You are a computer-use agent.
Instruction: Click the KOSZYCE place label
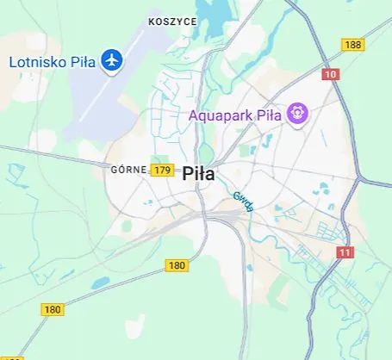click(x=172, y=21)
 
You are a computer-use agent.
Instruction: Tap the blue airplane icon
click(x=111, y=61)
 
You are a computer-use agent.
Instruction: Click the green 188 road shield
click(x=352, y=44)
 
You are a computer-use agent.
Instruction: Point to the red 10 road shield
click(x=332, y=74)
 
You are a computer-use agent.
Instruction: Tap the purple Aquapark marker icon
click(x=298, y=113)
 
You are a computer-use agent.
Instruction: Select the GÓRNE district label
click(x=128, y=170)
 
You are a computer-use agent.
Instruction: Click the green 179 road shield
click(x=161, y=170)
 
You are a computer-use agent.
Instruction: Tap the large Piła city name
click(x=199, y=173)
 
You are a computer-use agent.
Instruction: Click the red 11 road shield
click(x=345, y=251)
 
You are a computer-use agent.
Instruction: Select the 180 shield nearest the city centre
click(x=177, y=265)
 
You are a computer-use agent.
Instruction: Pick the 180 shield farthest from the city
click(x=53, y=309)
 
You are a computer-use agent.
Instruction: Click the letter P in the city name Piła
click(x=188, y=173)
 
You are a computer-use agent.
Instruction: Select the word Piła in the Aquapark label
click(x=271, y=114)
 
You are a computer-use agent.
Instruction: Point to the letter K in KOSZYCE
click(x=151, y=21)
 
